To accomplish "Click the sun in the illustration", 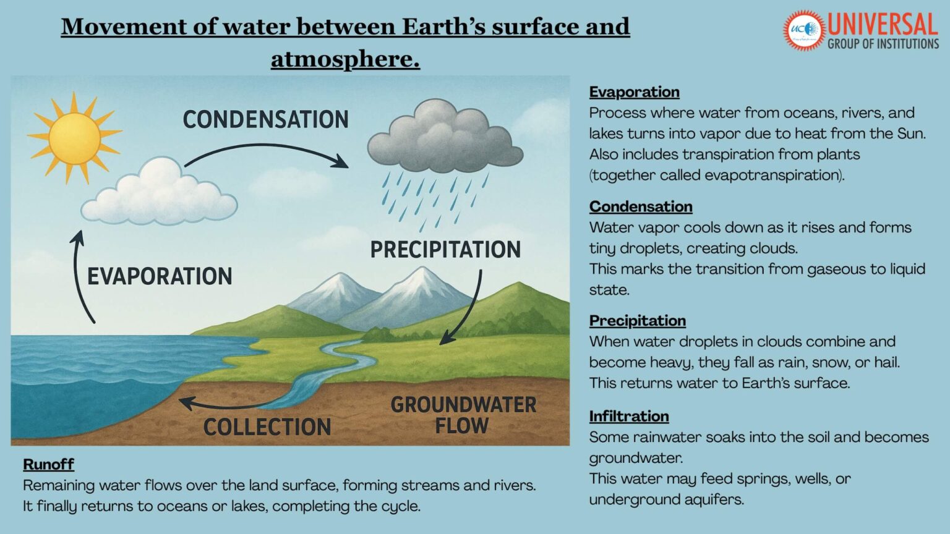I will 74,138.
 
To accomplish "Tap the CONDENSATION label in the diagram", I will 265,120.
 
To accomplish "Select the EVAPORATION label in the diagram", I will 160,276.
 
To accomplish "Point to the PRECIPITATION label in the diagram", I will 445,250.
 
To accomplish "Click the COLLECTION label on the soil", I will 267,427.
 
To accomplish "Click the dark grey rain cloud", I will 445,138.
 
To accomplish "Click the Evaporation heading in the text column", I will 634,92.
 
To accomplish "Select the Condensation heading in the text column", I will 640,206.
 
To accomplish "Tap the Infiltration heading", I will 628,417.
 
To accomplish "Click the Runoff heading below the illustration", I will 48,464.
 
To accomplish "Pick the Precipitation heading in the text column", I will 637,321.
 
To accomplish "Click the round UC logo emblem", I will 803,30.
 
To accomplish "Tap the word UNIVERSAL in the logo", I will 883,25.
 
